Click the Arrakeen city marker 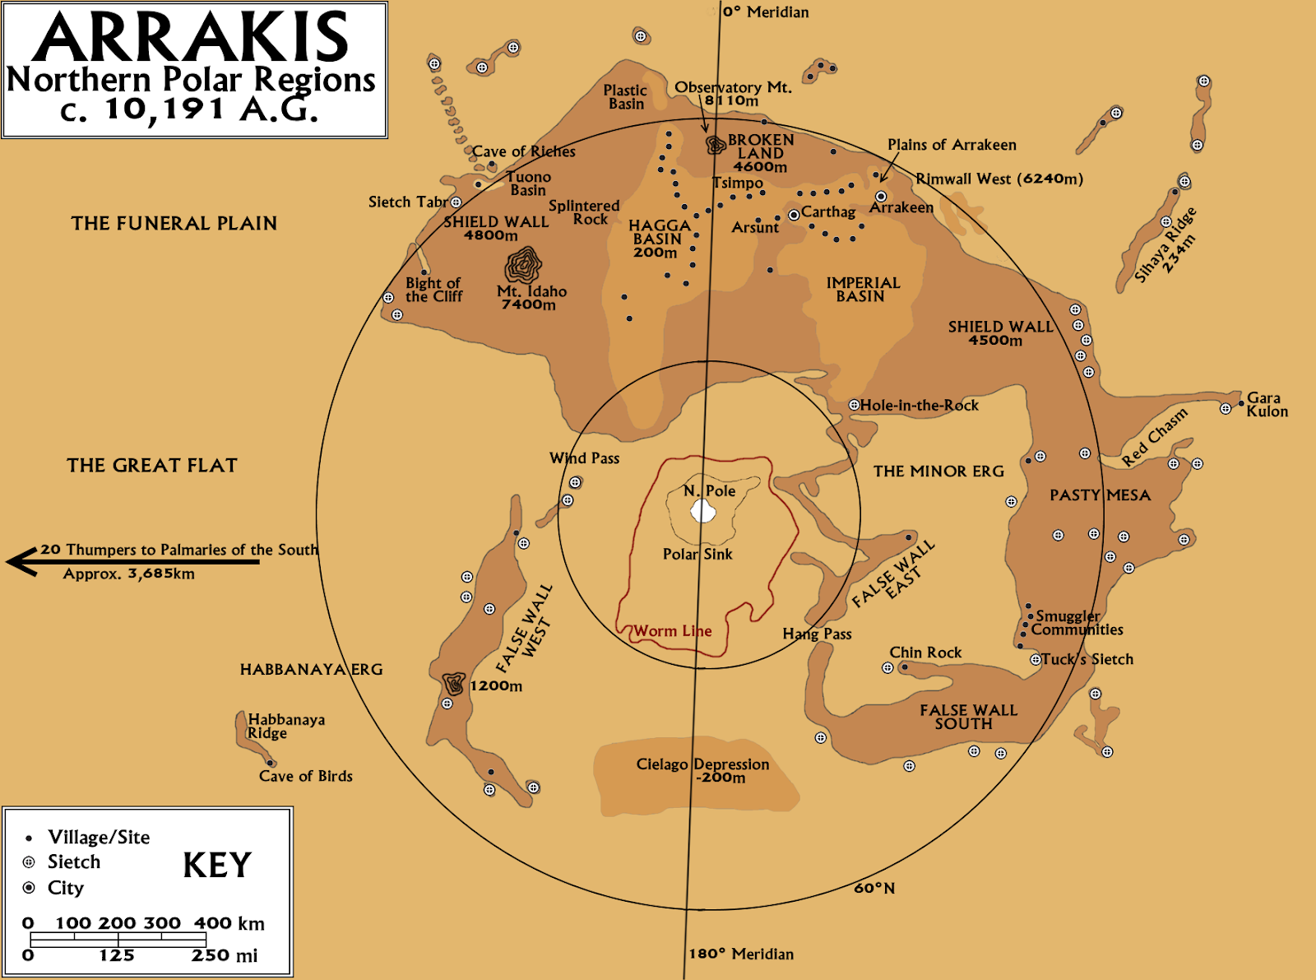(x=881, y=197)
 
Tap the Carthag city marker (x=794, y=215)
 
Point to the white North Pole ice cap (x=702, y=512)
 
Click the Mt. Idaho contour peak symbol (x=522, y=265)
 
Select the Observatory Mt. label (x=732, y=87)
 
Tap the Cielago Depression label (x=702, y=764)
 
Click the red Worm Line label (x=672, y=631)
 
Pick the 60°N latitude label (x=873, y=888)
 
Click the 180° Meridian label (x=740, y=954)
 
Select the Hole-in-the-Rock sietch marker (x=854, y=405)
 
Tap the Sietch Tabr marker (x=456, y=202)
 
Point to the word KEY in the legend (x=217, y=865)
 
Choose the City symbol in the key (x=29, y=888)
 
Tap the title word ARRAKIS (x=192, y=37)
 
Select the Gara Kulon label (x=1267, y=405)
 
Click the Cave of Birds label (x=305, y=776)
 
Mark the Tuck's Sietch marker (x=1036, y=660)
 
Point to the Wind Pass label (x=584, y=458)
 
